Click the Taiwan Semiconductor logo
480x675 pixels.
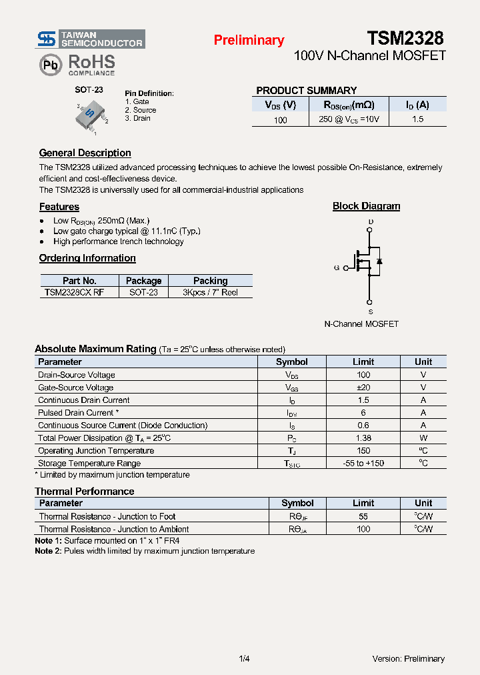coord(90,39)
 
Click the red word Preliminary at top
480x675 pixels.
coord(249,40)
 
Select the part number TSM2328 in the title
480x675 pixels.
coord(405,38)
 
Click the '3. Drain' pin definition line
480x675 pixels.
coord(137,118)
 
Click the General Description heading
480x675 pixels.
coord(85,153)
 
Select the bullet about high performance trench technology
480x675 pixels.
coord(118,241)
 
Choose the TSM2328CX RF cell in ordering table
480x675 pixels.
coord(74,292)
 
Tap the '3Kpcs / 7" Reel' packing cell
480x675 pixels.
coord(210,292)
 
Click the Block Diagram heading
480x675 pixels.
coord(366,206)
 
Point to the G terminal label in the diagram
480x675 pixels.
coord(337,267)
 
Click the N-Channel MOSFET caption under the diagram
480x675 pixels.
coord(361,323)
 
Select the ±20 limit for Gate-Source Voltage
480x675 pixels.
coord(363,388)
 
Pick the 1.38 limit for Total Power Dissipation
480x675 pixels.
coord(363,438)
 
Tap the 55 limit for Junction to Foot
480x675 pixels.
coord(363,516)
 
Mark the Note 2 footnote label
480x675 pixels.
coord(47,551)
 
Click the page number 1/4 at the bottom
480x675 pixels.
coord(244,659)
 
